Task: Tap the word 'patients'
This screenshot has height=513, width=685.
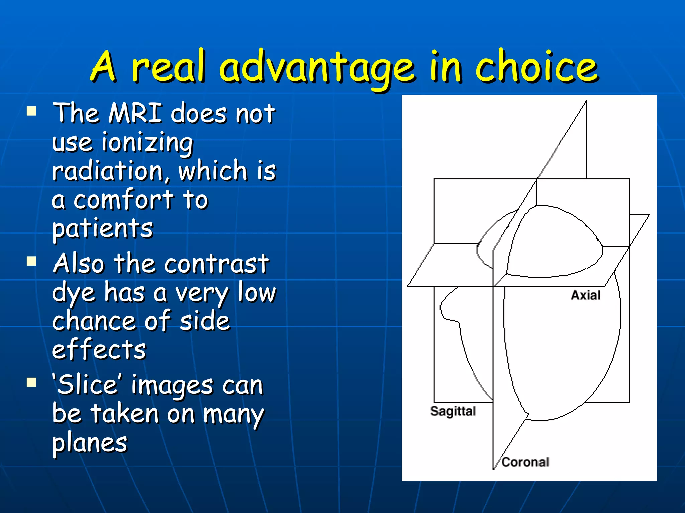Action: pyautogui.click(x=102, y=229)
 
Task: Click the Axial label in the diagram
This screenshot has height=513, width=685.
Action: pyautogui.click(x=586, y=295)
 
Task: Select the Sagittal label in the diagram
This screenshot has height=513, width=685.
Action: pyautogui.click(x=453, y=411)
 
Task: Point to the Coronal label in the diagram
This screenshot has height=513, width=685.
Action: pyautogui.click(x=525, y=462)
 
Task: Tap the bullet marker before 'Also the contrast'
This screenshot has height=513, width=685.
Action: pyautogui.click(x=31, y=261)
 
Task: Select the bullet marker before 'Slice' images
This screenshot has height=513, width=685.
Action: pyautogui.click(x=31, y=382)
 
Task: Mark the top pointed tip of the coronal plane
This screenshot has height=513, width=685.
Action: pyautogui.click(x=586, y=101)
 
